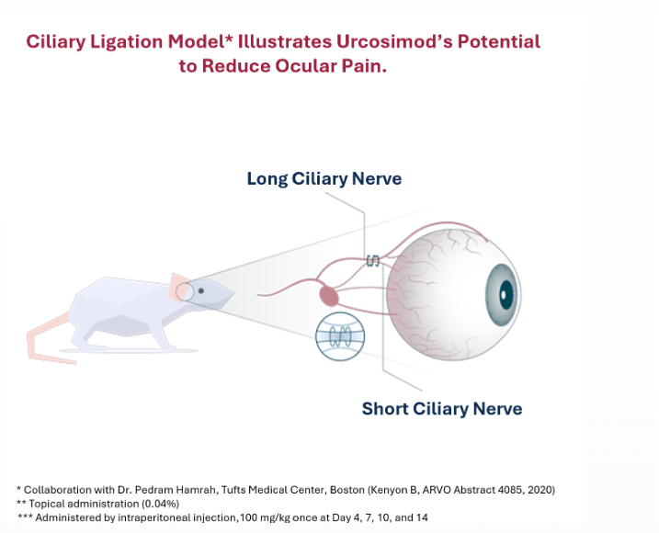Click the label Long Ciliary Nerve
tap(324, 178)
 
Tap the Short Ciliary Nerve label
tap(441, 408)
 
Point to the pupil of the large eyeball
tap(505, 295)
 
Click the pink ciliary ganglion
tap(329, 295)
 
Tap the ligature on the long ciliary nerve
tap(373, 260)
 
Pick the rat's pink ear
tap(178, 284)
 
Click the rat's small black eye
tap(201, 291)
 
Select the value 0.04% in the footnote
tap(161, 504)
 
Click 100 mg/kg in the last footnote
tap(268, 517)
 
